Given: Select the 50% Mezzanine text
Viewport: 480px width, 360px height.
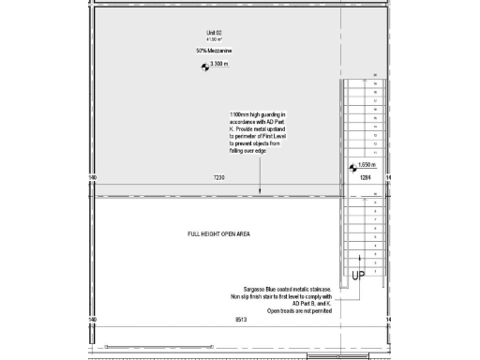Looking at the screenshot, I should (x=209, y=50).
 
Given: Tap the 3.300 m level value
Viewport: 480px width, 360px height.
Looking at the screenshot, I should (x=220, y=65).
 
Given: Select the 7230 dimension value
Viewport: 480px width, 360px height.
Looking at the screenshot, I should (x=219, y=176).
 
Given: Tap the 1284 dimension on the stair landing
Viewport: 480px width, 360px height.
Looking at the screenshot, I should (x=366, y=176).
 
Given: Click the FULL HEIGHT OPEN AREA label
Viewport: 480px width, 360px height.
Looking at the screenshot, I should (x=218, y=233).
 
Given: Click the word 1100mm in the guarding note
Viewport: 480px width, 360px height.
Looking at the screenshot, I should (x=240, y=114).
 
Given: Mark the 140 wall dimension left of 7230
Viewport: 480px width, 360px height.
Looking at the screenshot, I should (x=92, y=176).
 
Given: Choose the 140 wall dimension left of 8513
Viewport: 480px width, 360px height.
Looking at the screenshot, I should (x=92, y=320).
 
